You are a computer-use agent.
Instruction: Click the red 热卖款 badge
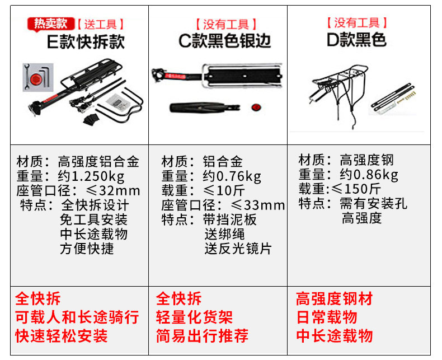[51, 24]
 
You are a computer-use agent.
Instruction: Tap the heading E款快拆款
[86, 42]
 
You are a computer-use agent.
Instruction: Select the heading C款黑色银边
[225, 41]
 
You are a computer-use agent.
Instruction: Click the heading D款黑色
[356, 40]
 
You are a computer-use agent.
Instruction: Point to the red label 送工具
[100, 24]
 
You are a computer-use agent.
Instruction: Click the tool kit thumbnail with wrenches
[38, 77]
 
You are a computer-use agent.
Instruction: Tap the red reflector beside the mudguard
[256, 107]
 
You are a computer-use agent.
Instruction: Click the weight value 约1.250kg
[91, 176]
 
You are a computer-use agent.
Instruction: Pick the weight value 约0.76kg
[232, 176]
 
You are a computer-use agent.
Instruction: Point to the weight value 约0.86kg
[369, 175]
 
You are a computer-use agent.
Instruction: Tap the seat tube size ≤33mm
[257, 205]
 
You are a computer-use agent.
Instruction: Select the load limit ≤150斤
[356, 189]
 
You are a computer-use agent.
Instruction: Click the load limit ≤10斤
[224, 191]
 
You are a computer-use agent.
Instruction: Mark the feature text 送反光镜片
[238, 249]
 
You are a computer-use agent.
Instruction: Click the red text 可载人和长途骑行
[77, 317]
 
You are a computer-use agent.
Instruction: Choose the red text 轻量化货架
[194, 317]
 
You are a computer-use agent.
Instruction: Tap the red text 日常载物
[327, 317]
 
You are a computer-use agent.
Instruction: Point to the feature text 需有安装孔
[374, 203]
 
